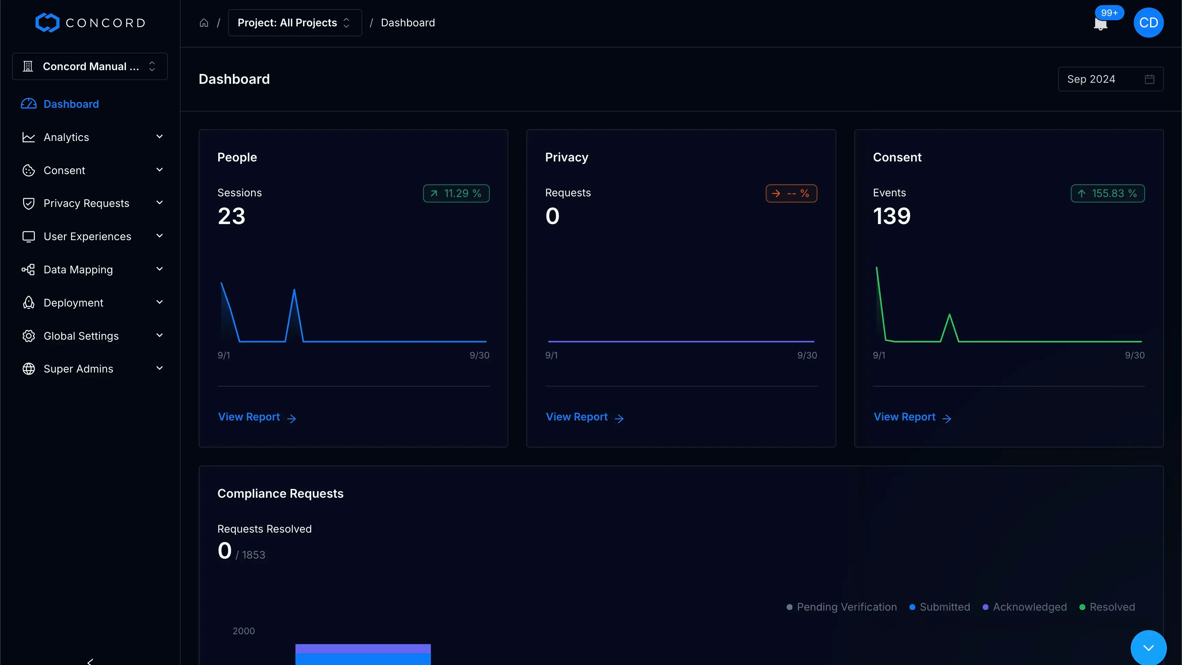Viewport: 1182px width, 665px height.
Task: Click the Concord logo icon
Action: pos(47,23)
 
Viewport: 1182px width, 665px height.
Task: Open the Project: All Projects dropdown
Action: pos(294,23)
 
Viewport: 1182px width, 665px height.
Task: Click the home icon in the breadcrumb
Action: pos(204,23)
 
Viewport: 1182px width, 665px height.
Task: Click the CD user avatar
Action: pos(1148,23)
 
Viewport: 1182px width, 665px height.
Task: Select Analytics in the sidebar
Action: pos(67,137)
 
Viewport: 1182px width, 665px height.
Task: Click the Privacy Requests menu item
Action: pos(86,203)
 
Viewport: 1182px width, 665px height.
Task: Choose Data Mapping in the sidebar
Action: pos(78,270)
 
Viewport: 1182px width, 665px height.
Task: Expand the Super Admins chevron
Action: pos(159,368)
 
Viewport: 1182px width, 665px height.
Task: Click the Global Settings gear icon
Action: pos(28,336)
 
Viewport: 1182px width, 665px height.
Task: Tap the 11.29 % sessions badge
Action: pos(456,193)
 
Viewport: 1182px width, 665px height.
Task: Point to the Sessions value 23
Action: pos(231,216)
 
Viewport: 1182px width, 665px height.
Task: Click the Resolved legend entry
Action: pos(1107,607)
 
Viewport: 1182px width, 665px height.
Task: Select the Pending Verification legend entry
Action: pos(842,607)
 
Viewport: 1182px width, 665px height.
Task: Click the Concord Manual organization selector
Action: pos(90,67)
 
